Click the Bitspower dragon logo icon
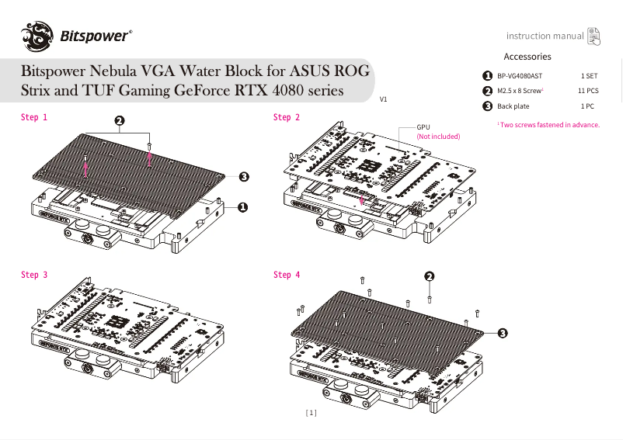(37, 34)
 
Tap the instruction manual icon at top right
(593, 35)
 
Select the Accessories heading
(527, 57)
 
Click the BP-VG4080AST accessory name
(520, 77)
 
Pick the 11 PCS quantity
(588, 91)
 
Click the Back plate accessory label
(513, 106)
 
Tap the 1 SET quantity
(589, 77)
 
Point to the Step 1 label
(34, 117)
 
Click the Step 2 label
(287, 117)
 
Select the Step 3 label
(34, 275)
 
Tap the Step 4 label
(287, 275)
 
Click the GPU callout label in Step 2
(423, 126)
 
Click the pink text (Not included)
(438, 137)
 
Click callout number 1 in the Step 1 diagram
(242, 207)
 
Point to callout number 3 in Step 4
(502, 333)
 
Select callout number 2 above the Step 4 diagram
(429, 277)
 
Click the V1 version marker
(384, 100)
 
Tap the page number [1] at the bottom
(311, 414)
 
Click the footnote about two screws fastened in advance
(549, 125)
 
